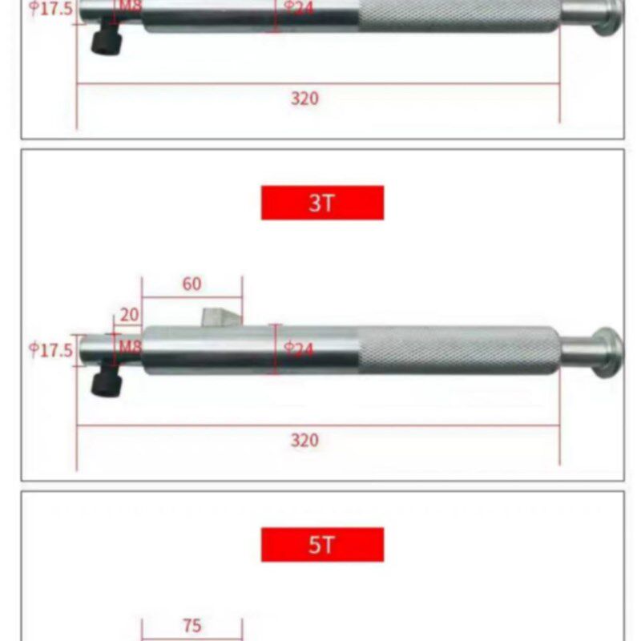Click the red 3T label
[x=322, y=203]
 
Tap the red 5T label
[x=322, y=545]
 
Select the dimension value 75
[x=191, y=626]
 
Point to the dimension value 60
[x=191, y=284]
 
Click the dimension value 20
[x=128, y=314]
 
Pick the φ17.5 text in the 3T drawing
[x=51, y=349]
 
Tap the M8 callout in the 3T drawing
[x=130, y=347]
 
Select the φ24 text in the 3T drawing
[x=299, y=349]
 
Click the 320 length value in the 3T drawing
[x=304, y=440]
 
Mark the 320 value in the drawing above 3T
[x=304, y=99]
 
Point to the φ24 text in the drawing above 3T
[x=299, y=9]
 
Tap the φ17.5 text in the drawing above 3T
[x=51, y=10]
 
